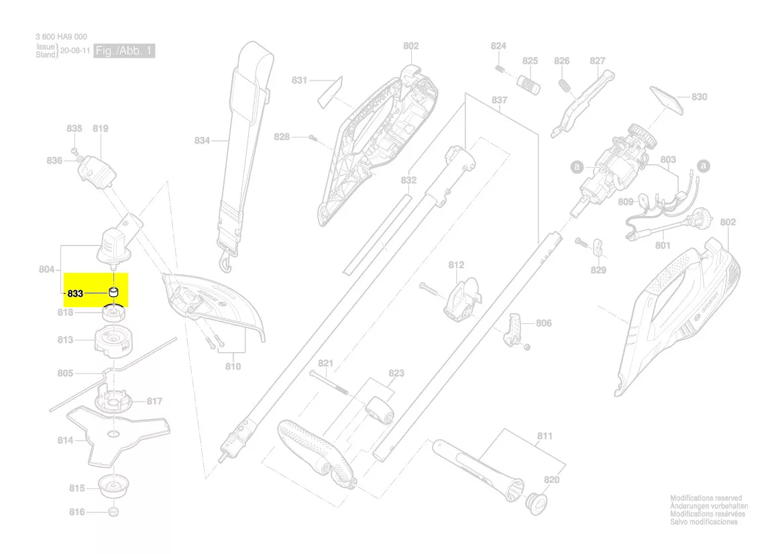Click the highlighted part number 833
(75, 294)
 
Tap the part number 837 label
(499, 100)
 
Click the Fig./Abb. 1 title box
(125, 51)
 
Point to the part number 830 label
(699, 97)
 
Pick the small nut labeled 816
(113, 512)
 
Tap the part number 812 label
(456, 265)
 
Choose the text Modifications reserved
(706, 498)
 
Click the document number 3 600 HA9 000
(61, 37)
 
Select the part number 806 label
(543, 323)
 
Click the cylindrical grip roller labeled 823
(379, 410)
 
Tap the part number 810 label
(233, 366)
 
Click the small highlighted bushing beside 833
(114, 292)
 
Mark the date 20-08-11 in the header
(74, 51)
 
